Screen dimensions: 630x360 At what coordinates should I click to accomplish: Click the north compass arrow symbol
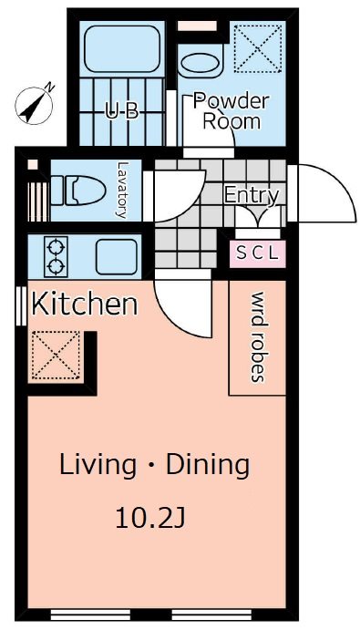point(35,104)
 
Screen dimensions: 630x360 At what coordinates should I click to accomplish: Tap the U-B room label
point(121,113)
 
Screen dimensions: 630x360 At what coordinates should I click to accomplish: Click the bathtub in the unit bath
point(122,51)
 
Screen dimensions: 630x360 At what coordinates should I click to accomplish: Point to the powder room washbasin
point(199,64)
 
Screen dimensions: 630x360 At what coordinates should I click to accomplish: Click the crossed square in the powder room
point(257,47)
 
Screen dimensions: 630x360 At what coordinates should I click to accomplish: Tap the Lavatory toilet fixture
point(75,190)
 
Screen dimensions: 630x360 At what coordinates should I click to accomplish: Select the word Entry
point(251,195)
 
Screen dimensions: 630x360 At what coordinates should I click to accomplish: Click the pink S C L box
point(259,253)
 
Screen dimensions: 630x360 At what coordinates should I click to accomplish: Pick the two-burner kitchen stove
point(56,256)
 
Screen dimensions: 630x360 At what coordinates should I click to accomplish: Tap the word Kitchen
point(85,304)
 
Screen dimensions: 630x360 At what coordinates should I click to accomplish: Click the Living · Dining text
point(154,465)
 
